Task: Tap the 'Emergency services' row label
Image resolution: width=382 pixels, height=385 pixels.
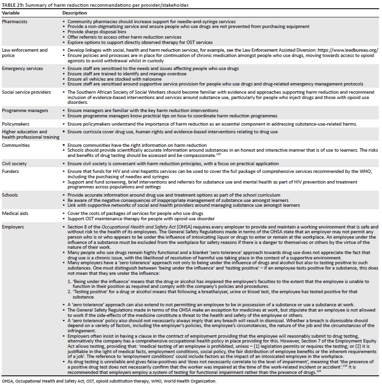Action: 22,69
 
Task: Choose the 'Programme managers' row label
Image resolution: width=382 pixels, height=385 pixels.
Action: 24,111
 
